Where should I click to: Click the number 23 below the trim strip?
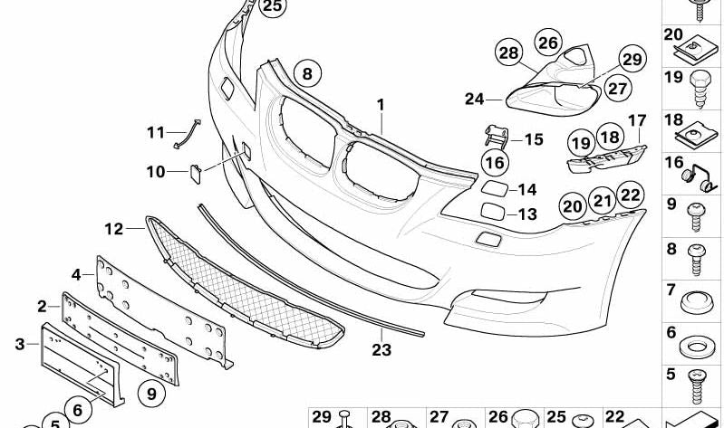coord(381,349)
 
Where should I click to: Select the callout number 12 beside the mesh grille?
coord(114,229)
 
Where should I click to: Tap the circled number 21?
coord(602,200)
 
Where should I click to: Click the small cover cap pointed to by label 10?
coord(196,174)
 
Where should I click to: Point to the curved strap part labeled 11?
coord(187,134)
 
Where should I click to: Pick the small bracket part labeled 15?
coord(496,136)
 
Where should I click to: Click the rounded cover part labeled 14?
coord(495,188)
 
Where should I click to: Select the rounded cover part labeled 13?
coord(493,211)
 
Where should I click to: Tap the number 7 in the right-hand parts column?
coord(671,290)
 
